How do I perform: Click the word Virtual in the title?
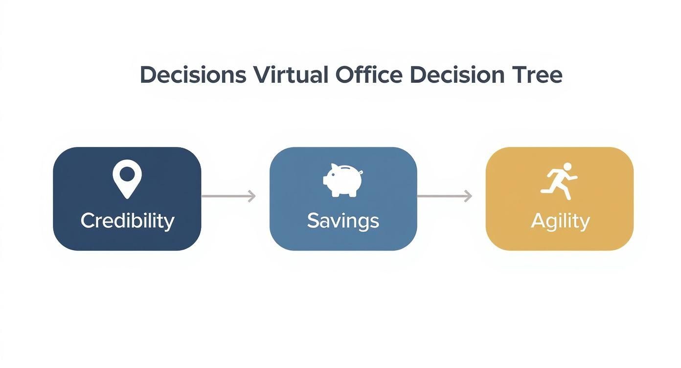[x=291, y=75]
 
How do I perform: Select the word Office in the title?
[x=369, y=75]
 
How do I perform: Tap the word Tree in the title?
[x=537, y=75]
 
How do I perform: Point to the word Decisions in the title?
[x=193, y=75]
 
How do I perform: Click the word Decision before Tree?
[x=457, y=75]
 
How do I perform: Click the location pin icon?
[x=127, y=179]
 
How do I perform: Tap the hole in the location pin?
[x=127, y=173]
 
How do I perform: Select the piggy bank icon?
[x=343, y=180]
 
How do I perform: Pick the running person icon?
[x=559, y=181]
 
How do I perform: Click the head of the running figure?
[x=567, y=166]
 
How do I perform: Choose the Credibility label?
[x=127, y=221]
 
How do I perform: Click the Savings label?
[x=343, y=221]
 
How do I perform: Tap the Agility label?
[x=560, y=222]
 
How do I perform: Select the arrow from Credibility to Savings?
[x=228, y=196]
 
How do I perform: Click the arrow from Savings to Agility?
[x=444, y=196]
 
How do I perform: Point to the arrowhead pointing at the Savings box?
[x=252, y=196]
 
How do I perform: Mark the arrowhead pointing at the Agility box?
[x=468, y=196]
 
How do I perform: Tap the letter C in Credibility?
[x=88, y=221]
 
